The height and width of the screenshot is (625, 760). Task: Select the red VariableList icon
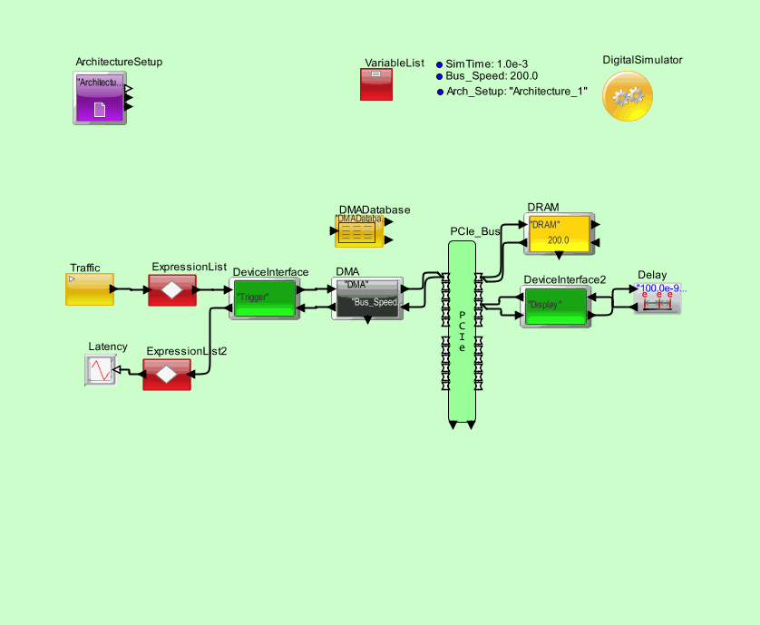[x=376, y=84]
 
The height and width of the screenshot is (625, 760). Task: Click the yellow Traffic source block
[x=89, y=289]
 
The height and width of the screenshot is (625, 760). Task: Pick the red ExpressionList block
[x=172, y=289]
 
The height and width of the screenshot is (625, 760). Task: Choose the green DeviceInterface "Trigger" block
[x=265, y=298]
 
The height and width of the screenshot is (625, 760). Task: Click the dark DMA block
[x=366, y=298]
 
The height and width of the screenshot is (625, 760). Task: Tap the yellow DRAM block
[x=558, y=232]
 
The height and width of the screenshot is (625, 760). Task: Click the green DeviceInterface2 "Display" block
[x=554, y=306]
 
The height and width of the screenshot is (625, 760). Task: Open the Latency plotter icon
[x=101, y=371]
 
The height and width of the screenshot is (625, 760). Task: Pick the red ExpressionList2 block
[x=167, y=374]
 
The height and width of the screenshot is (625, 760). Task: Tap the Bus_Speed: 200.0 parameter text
[x=492, y=76]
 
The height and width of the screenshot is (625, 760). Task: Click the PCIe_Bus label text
[x=475, y=231]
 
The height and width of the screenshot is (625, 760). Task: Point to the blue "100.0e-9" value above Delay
[x=662, y=288]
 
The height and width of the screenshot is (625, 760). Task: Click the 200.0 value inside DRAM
[x=558, y=240]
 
